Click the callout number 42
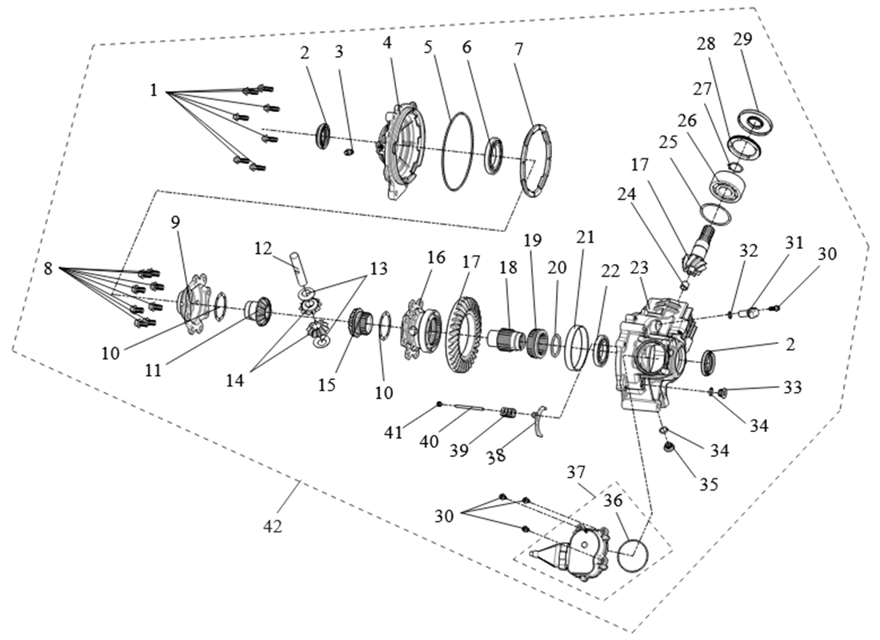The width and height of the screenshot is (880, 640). pyautogui.click(x=272, y=527)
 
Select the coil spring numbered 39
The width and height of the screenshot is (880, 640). pyautogui.click(x=506, y=414)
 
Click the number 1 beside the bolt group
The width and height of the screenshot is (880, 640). pyautogui.click(x=154, y=90)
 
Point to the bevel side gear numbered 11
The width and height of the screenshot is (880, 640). pyautogui.click(x=259, y=307)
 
